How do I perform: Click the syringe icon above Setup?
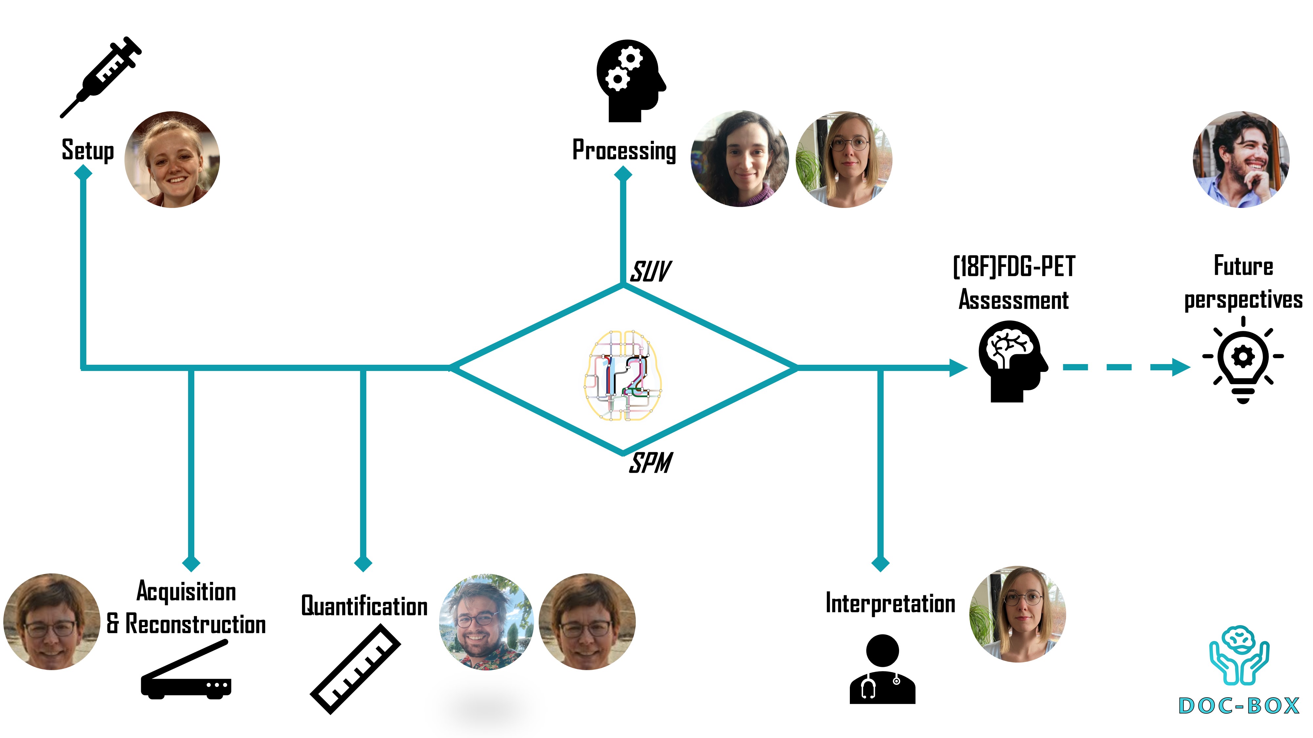click(x=101, y=77)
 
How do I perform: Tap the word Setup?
click(x=88, y=150)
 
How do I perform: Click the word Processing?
click(x=624, y=151)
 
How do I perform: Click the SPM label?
click(x=650, y=463)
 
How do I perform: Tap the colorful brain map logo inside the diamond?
click(x=623, y=375)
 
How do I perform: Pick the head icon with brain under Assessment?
click(x=1013, y=361)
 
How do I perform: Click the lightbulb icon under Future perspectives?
click(x=1243, y=360)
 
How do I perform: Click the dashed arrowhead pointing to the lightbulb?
click(x=1179, y=367)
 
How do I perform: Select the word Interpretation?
click(x=890, y=604)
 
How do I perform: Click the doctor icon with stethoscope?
click(x=882, y=669)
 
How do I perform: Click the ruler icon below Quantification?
click(x=355, y=669)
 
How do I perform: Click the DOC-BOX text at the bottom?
click(x=1239, y=706)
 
